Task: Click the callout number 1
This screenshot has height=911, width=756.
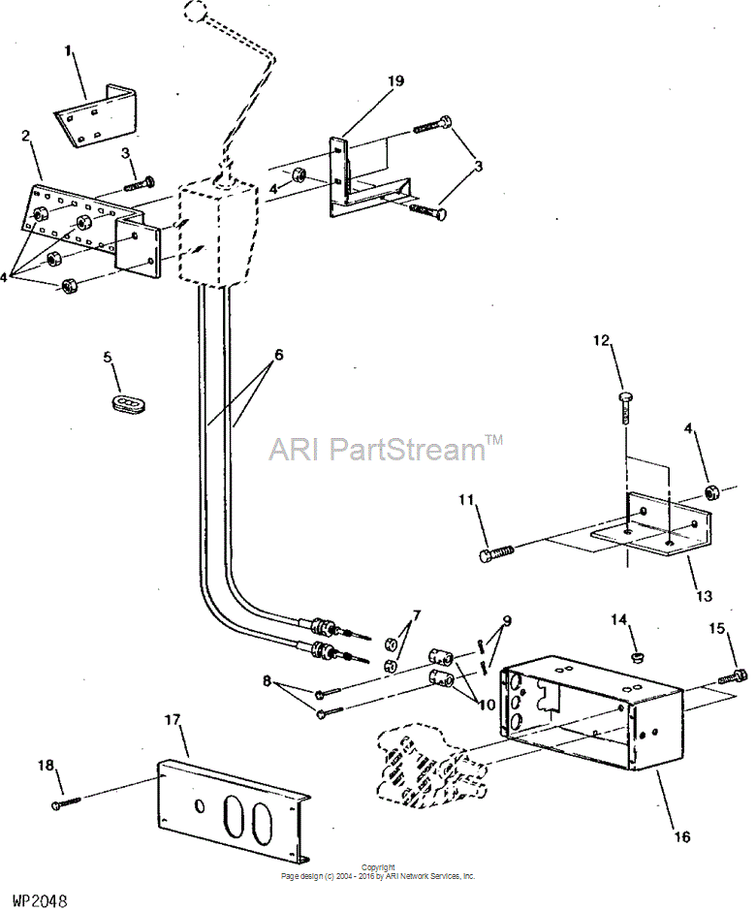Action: click(69, 51)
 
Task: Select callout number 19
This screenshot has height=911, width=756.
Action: click(395, 80)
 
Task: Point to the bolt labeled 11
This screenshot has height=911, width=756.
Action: click(497, 551)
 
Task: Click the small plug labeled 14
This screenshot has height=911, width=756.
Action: click(638, 657)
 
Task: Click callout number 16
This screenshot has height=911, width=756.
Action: click(682, 836)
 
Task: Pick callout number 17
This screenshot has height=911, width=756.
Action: click(172, 720)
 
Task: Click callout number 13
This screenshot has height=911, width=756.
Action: click(704, 595)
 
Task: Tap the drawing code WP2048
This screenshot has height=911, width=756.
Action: click(36, 900)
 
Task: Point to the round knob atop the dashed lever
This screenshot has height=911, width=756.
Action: click(196, 10)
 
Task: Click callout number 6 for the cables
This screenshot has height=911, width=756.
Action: click(279, 354)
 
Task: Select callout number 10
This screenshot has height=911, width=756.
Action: click(487, 705)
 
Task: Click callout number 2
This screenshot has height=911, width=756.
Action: click(25, 136)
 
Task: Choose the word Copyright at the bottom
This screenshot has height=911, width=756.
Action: click(378, 867)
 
